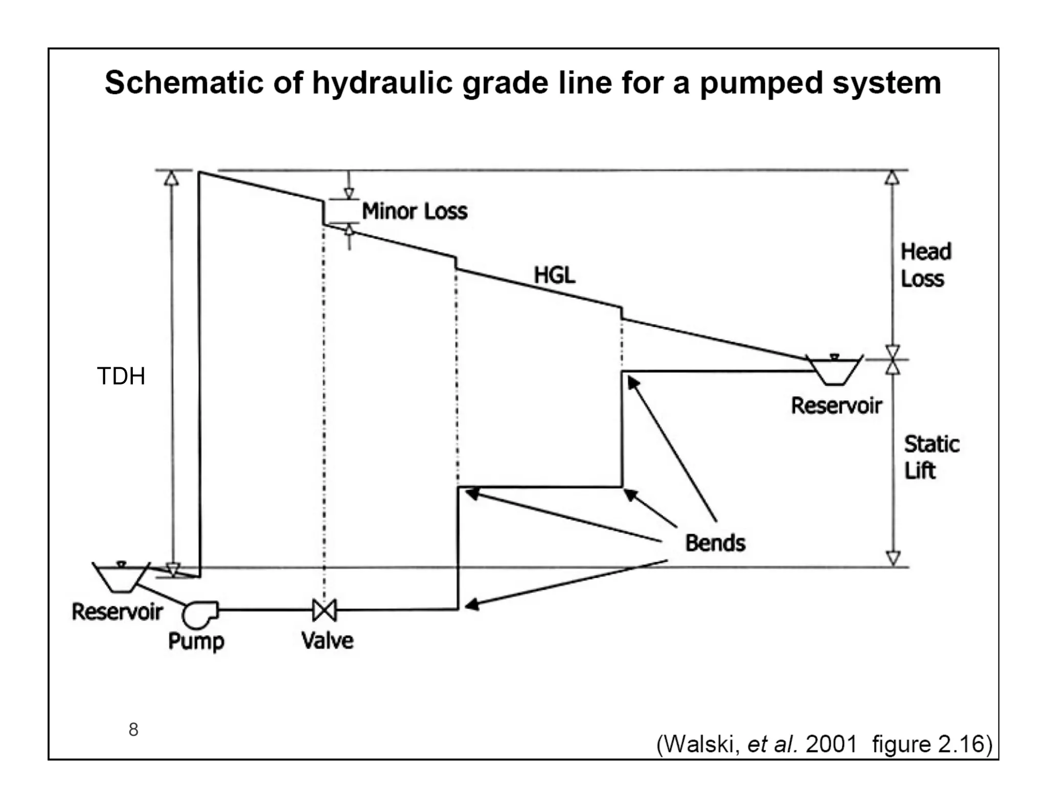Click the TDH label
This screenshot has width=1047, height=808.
(121, 376)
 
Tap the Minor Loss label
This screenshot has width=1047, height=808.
(415, 211)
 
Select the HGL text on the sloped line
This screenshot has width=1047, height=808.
(554, 275)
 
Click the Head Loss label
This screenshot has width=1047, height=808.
(925, 265)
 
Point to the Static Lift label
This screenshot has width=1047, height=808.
(931, 457)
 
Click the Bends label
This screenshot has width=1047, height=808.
(715, 542)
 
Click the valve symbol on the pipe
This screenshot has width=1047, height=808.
(324, 610)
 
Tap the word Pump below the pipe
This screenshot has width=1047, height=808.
(196, 641)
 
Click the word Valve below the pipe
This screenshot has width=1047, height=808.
(327, 640)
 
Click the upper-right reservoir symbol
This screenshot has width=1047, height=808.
(834, 370)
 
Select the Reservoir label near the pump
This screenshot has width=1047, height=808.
(117, 611)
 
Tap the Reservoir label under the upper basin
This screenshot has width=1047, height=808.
(836, 406)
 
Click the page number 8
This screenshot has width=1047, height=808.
(133, 729)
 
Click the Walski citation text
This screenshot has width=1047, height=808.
(824, 744)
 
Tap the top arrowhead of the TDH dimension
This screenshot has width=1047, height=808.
(172, 178)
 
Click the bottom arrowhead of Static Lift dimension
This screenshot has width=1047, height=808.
(893, 558)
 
